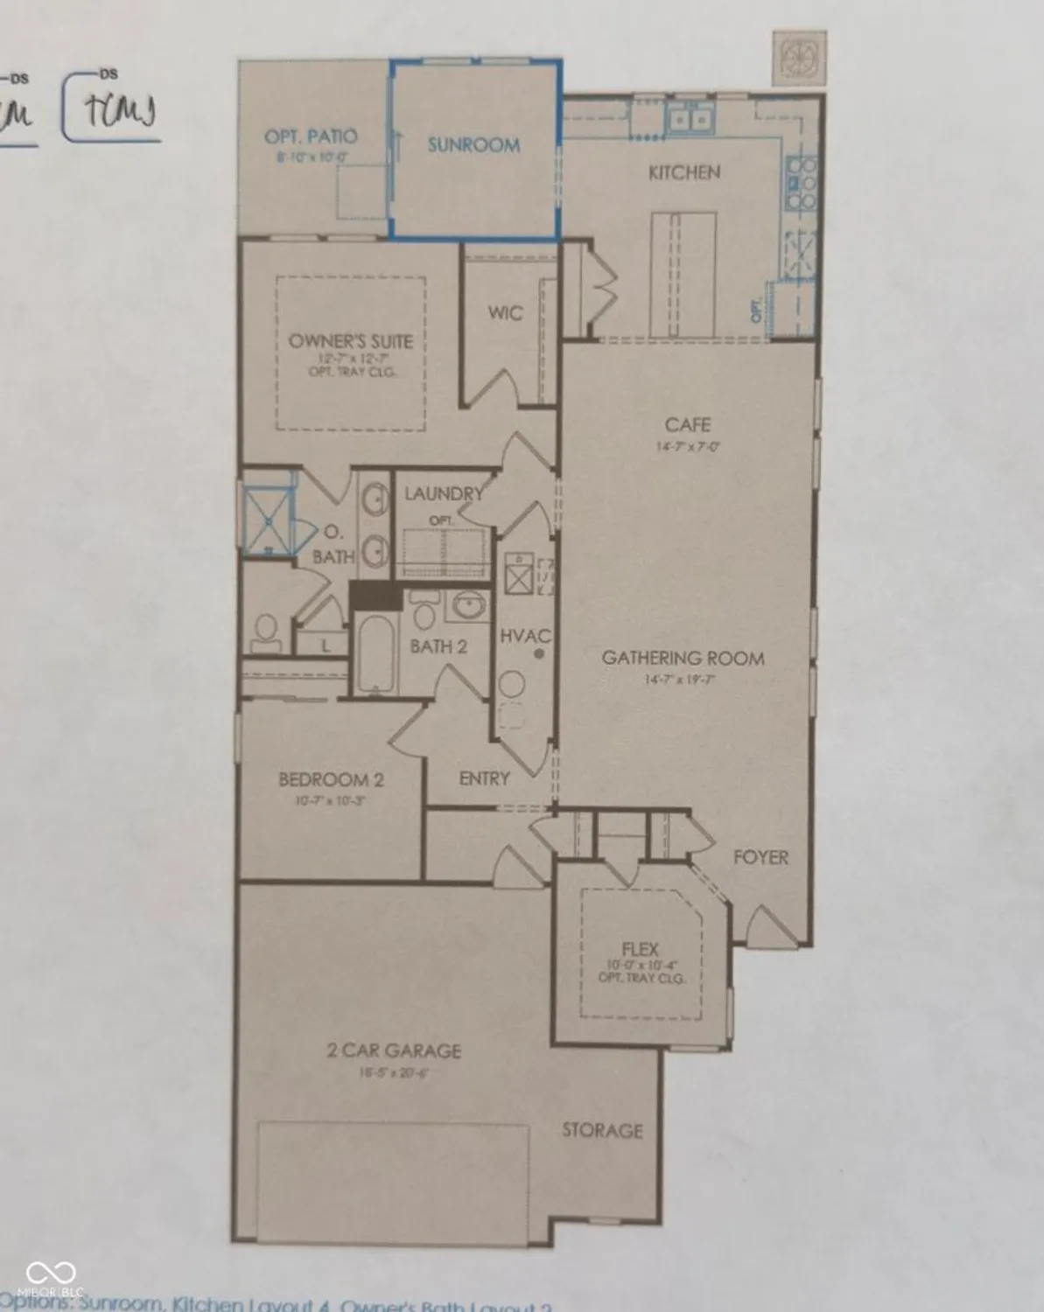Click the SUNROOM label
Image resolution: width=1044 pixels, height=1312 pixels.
click(473, 145)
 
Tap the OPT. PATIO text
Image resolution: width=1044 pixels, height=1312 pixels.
click(311, 136)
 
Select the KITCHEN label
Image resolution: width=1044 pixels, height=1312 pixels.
click(684, 172)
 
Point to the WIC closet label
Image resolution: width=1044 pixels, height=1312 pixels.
click(505, 312)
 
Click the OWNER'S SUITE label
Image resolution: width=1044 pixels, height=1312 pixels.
click(351, 341)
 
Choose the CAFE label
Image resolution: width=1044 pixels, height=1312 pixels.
click(688, 425)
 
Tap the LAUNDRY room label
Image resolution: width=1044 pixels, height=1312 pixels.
click(443, 493)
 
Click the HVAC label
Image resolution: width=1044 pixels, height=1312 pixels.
click(525, 636)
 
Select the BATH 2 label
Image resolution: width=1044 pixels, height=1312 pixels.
click(438, 646)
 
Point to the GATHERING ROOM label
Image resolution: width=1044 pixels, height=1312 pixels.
click(683, 658)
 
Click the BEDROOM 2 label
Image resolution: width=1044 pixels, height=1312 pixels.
click(331, 779)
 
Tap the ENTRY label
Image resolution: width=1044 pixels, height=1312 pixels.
click(484, 778)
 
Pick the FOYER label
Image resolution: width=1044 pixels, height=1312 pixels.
click(760, 857)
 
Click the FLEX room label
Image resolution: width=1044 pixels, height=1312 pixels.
click(641, 948)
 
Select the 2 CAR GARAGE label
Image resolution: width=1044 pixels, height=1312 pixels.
click(394, 1050)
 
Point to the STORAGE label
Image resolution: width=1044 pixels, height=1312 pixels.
click(602, 1130)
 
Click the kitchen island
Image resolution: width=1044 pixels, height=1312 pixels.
click(683, 273)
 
